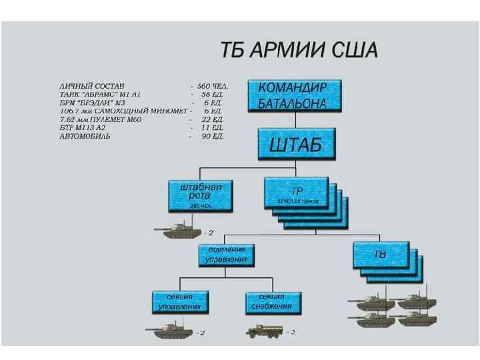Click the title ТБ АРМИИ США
point(299,50)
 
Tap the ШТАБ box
point(295,145)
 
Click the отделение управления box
point(226,255)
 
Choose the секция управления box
point(179,302)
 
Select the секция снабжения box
point(272,302)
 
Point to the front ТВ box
point(379,255)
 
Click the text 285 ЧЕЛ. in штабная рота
point(200,206)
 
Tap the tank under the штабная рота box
point(177,230)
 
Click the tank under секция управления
point(169,329)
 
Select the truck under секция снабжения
point(264,330)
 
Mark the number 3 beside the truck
point(292,331)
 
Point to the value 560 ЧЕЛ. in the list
point(213,87)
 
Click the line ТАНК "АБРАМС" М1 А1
point(100,95)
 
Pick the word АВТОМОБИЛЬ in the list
point(85,136)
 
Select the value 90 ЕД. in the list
point(213,136)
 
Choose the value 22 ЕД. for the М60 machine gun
point(213,119)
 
